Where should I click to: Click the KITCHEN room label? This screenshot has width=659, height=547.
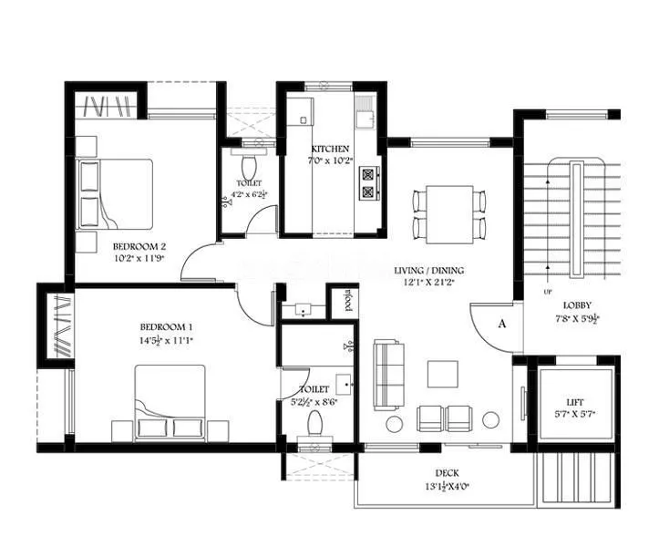tap(329, 149)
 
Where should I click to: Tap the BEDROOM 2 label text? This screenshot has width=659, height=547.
tap(139, 246)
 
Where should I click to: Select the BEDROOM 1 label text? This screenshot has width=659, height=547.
tap(166, 327)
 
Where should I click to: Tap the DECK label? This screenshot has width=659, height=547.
tap(447, 473)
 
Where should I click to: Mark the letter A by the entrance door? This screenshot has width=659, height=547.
tap(501, 322)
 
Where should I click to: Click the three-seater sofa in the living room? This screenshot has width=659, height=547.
tap(389, 374)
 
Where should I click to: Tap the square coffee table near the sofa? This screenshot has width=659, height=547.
tap(443, 374)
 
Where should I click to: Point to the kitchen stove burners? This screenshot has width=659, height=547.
tap(369, 182)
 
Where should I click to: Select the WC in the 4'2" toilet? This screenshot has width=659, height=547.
tap(249, 166)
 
